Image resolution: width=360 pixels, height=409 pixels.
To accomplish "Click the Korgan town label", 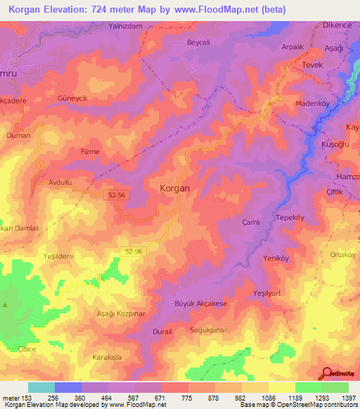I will pyautogui.click(x=175, y=189).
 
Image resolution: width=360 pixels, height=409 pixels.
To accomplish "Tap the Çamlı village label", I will pyautogui.click(x=251, y=221).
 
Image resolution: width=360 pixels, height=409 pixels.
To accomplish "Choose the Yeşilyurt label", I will pyautogui.click(x=271, y=292).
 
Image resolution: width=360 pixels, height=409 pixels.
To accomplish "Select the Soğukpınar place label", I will pyautogui.click(x=210, y=329).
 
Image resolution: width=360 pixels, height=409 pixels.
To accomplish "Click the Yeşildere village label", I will pyautogui.click(x=58, y=257).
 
